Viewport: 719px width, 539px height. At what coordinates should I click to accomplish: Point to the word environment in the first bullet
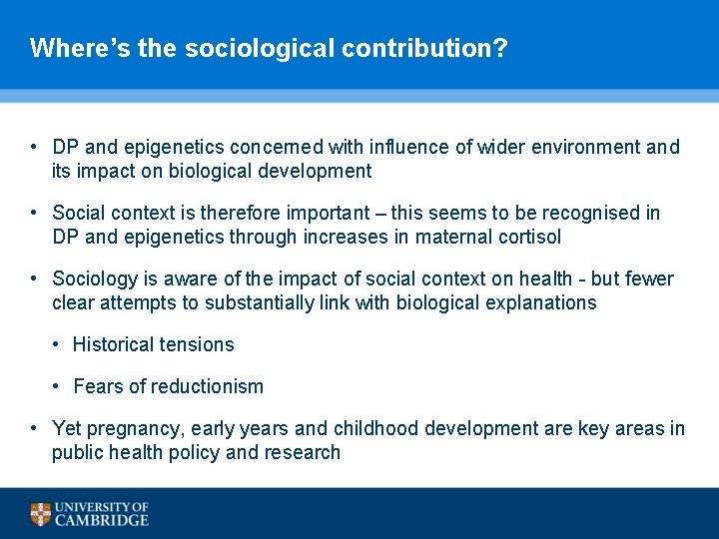(x=586, y=148)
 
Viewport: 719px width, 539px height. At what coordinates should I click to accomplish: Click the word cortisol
(x=528, y=237)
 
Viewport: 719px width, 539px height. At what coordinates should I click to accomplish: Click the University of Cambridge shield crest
(x=40, y=514)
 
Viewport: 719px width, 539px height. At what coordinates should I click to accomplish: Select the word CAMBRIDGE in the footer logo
(x=102, y=520)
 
